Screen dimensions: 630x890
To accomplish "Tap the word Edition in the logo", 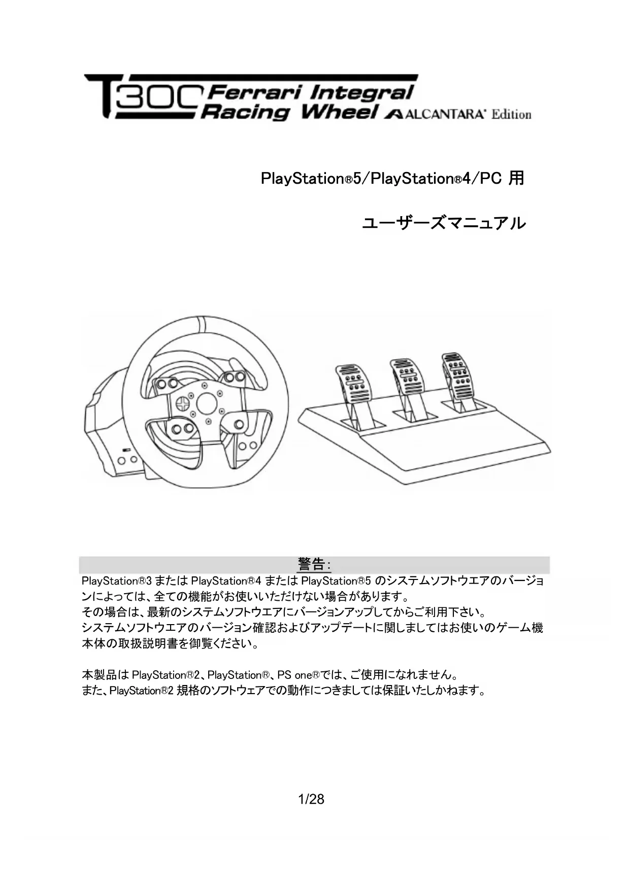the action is (x=511, y=115).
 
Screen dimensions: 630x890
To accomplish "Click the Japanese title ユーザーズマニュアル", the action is (x=444, y=223).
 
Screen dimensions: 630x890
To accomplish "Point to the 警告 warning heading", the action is (x=311, y=564).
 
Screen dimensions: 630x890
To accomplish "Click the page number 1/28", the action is (x=311, y=799).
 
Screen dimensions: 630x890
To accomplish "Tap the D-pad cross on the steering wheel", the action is (x=182, y=403).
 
